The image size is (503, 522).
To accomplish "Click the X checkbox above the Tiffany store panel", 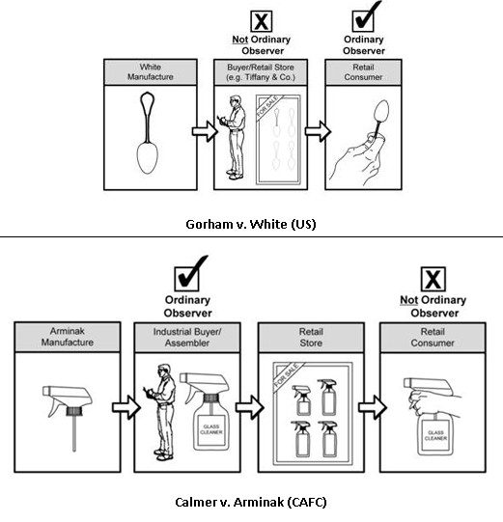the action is point(262,21).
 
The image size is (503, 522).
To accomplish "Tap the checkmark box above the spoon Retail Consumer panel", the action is point(364,20).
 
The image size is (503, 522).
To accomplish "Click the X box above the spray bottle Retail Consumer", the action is point(433,279).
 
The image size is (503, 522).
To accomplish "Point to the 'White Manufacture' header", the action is point(151,72).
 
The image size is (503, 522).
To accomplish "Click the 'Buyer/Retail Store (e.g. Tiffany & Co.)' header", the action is point(261,72).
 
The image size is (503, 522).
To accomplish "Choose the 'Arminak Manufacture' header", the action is point(68,337).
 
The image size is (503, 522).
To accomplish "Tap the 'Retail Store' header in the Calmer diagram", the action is point(311,338).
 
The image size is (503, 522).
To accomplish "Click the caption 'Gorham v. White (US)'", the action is point(250,224).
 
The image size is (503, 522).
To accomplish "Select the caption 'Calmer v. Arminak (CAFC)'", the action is point(250,502).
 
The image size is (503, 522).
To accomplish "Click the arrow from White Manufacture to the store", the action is point(205,131).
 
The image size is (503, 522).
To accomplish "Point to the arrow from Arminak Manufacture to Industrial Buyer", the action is point(126,407).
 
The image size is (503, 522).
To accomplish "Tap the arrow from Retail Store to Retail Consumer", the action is point(373,407).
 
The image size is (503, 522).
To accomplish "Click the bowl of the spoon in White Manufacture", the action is point(148,158).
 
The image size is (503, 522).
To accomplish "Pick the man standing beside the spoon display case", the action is point(234,137).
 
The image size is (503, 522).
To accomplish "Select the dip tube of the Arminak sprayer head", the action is point(74,433).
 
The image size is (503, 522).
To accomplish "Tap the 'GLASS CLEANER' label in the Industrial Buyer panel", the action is point(211,429).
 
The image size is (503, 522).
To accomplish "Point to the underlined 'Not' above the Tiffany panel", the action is point(239,40).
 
